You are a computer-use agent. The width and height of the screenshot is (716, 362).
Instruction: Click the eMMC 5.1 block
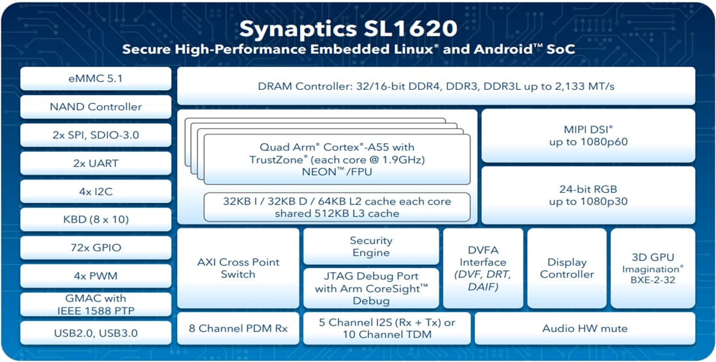95,78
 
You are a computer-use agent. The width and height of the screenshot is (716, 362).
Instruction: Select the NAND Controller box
95,107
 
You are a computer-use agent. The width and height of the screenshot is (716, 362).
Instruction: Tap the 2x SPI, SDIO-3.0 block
95,135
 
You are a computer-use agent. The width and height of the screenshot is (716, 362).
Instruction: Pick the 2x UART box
95,163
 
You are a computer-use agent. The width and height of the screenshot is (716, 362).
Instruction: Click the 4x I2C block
95,191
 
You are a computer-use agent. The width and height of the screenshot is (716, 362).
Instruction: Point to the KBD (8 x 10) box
95,219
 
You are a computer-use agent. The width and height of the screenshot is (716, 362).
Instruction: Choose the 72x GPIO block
95,247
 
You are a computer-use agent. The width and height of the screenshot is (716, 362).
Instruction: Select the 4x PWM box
95,275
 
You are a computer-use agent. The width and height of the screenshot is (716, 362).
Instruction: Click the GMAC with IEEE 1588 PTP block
95,304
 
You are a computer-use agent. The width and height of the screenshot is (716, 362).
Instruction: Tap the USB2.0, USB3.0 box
95,333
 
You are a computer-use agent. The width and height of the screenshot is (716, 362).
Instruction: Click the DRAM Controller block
435,86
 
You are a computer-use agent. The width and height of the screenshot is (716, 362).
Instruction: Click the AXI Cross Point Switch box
238,268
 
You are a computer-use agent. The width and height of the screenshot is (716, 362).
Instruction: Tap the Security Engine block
371,247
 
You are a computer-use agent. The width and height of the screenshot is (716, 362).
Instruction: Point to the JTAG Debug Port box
371,288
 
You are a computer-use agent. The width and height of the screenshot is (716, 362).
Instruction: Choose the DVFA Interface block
482,268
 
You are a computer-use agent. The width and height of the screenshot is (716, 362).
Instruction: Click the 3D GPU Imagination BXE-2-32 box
653,268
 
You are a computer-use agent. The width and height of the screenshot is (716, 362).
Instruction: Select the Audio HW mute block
585,328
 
